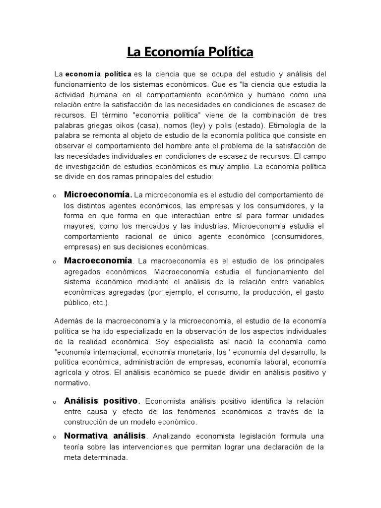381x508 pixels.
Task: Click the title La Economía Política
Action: pyautogui.click(x=190, y=52)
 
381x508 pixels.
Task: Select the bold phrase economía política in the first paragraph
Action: pyautogui.click(x=98, y=73)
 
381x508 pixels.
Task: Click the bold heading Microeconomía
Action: pyautogui.click(x=98, y=193)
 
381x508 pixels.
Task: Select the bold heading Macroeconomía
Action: pyautogui.click(x=98, y=260)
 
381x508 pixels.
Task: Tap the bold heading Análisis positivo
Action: pyautogui.click(x=102, y=400)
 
